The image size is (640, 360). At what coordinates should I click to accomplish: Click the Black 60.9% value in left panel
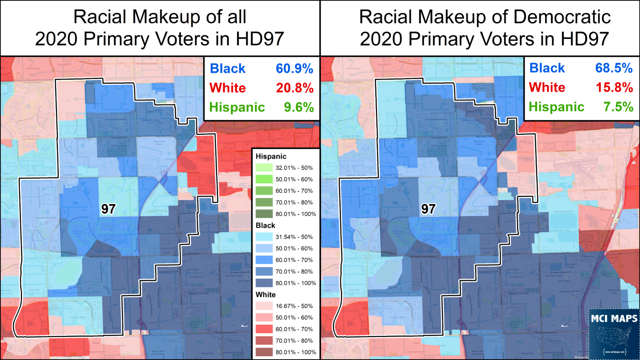[x=294, y=69]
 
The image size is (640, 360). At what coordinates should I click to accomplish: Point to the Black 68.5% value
[x=614, y=68]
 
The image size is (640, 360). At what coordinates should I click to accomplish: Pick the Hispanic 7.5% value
[x=618, y=107]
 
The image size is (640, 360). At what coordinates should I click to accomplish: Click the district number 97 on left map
[x=108, y=209]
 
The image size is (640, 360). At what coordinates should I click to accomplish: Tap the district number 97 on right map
[x=428, y=209]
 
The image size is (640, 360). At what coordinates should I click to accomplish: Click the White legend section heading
[x=265, y=295]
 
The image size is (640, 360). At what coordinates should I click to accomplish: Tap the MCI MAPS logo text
[x=614, y=319]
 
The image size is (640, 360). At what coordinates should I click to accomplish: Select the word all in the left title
[x=236, y=17]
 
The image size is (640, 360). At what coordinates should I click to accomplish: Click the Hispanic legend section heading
[x=271, y=157]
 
